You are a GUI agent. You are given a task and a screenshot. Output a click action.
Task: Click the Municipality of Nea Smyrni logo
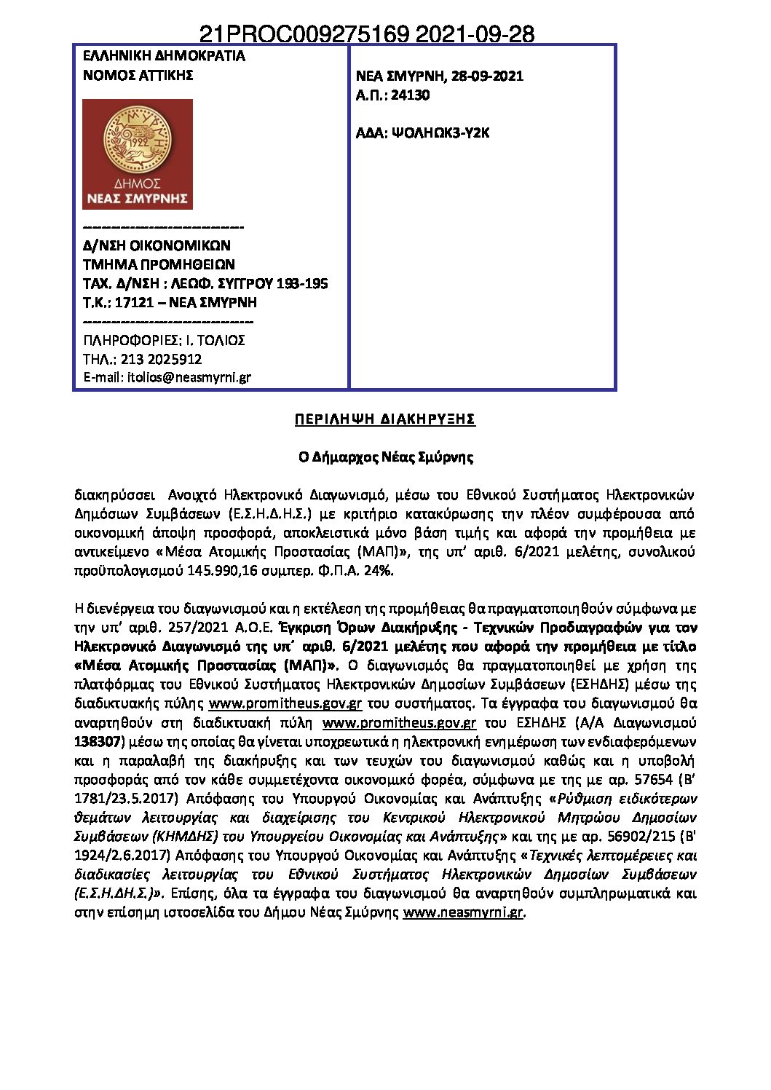[x=137, y=154]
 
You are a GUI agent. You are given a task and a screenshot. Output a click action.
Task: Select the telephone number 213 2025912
[x=160, y=359]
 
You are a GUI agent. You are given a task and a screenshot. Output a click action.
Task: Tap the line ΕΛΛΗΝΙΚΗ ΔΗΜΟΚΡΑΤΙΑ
[x=164, y=56]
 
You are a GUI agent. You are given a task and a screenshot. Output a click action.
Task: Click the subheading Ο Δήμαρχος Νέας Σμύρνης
[x=386, y=457]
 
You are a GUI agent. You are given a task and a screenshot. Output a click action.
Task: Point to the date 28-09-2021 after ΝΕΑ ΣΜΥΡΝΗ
[x=487, y=76]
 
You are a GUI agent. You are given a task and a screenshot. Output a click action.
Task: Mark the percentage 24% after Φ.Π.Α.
[x=380, y=570]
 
